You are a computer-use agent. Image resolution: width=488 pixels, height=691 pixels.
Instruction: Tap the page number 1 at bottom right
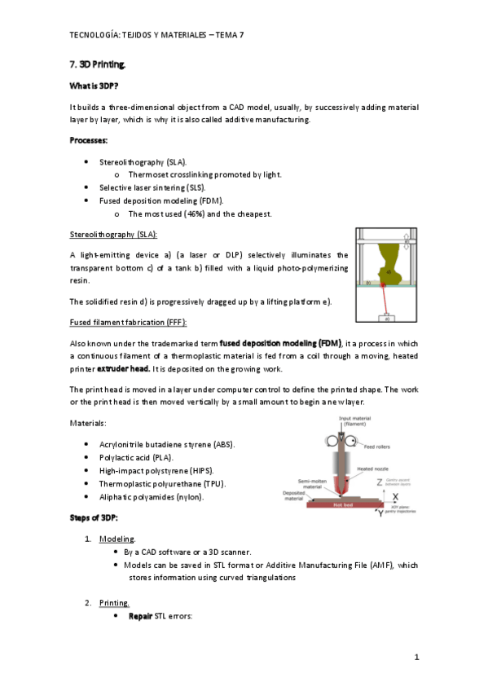point(415,657)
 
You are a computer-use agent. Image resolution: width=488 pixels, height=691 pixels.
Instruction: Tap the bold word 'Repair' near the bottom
point(141,616)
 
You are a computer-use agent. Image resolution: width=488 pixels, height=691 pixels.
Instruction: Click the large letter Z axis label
point(380,483)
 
